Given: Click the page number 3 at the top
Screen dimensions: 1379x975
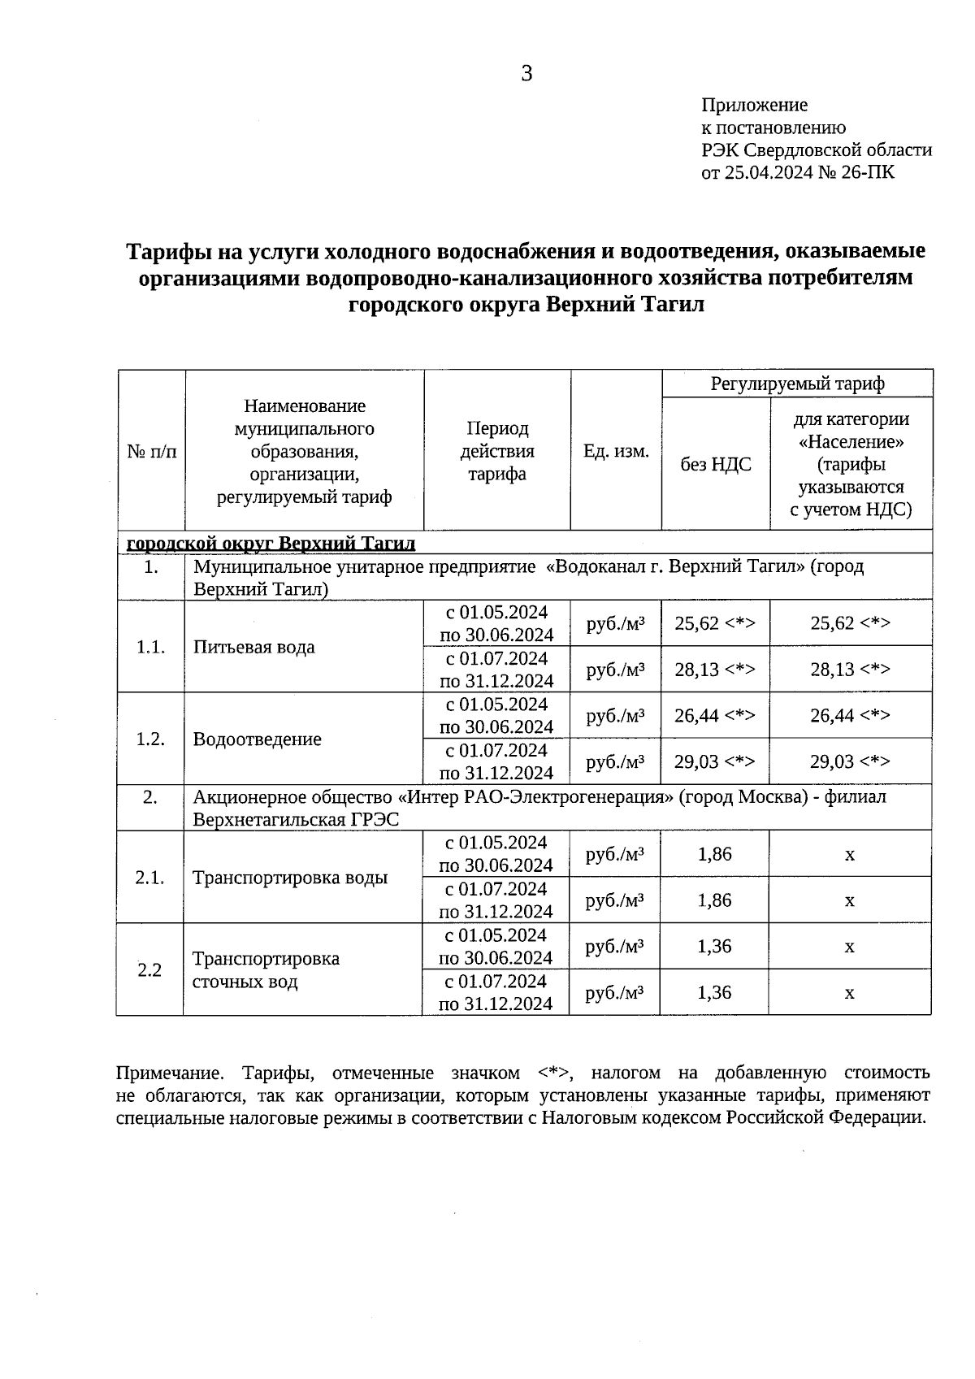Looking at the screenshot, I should [526, 74].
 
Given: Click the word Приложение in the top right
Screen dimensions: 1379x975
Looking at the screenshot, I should [755, 105].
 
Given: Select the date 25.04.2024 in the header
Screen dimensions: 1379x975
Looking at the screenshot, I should [769, 172].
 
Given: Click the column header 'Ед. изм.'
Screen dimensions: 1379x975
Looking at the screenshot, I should [616, 451].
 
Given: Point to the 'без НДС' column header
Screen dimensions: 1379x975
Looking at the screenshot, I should [715, 464].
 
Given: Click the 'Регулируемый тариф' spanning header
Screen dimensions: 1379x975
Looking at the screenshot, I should [797, 384].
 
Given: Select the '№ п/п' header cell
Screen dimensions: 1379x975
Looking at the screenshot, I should [151, 451].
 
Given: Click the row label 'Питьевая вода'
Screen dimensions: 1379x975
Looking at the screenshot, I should [254, 647].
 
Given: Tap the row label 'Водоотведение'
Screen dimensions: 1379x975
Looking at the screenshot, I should [258, 739].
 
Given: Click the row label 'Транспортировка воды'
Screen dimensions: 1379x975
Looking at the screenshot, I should [290, 878].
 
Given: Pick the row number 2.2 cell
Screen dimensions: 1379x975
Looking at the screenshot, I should [149, 970].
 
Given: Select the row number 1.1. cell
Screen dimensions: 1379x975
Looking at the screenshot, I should [151, 647].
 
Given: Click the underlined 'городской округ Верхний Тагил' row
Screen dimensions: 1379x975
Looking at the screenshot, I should [272, 543].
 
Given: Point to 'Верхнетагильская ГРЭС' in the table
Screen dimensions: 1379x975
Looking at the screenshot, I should [296, 819].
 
